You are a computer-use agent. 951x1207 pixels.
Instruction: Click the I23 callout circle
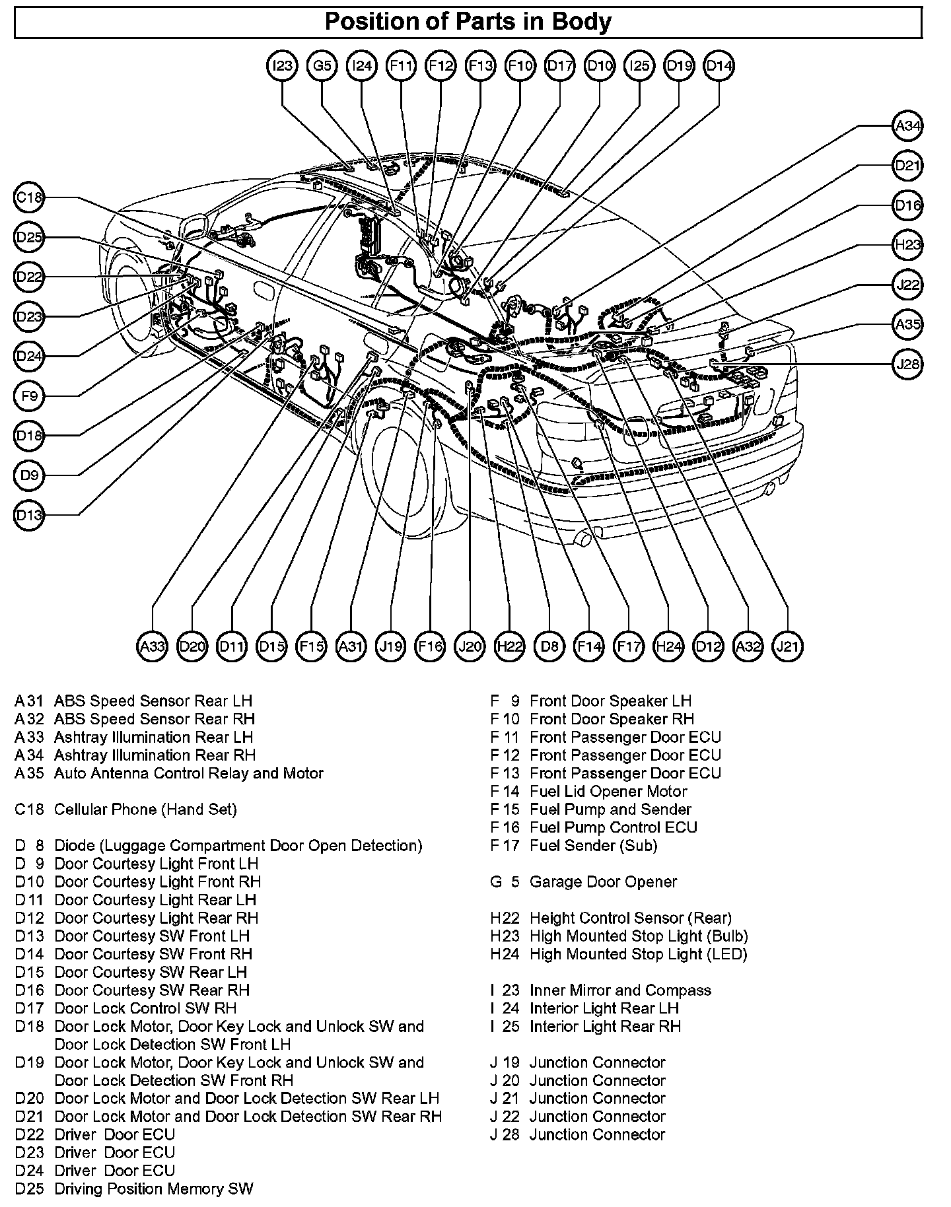click(283, 65)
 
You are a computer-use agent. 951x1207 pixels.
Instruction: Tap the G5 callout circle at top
click(322, 65)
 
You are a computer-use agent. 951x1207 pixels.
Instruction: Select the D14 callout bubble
click(719, 65)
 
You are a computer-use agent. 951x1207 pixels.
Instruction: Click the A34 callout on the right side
click(907, 125)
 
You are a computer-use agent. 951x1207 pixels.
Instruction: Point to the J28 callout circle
click(907, 364)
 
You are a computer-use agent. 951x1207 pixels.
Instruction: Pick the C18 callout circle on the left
click(29, 197)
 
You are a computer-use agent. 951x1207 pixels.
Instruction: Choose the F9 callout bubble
click(29, 396)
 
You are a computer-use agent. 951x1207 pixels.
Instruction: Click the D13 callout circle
click(29, 514)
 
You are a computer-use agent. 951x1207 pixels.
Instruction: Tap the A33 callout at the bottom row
click(153, 646)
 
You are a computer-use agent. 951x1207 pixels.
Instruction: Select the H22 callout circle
click(510, 646)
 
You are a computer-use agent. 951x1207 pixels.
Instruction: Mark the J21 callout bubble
click(787, 646)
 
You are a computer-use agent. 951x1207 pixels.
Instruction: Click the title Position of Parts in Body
click(468, 22)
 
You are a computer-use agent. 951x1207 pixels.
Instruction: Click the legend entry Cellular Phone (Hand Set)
click(145, 809)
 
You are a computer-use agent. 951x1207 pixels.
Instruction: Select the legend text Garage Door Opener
click(603, 881)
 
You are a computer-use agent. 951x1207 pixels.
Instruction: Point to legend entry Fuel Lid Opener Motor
click(608, 791)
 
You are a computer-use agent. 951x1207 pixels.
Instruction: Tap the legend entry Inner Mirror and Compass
click(620, 990)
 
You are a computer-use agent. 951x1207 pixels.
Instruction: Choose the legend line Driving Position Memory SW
click(153, 1189)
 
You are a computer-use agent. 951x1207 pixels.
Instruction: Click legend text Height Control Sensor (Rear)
click(630, 918)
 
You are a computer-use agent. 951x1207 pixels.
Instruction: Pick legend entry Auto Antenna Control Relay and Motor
click(188, 773)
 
